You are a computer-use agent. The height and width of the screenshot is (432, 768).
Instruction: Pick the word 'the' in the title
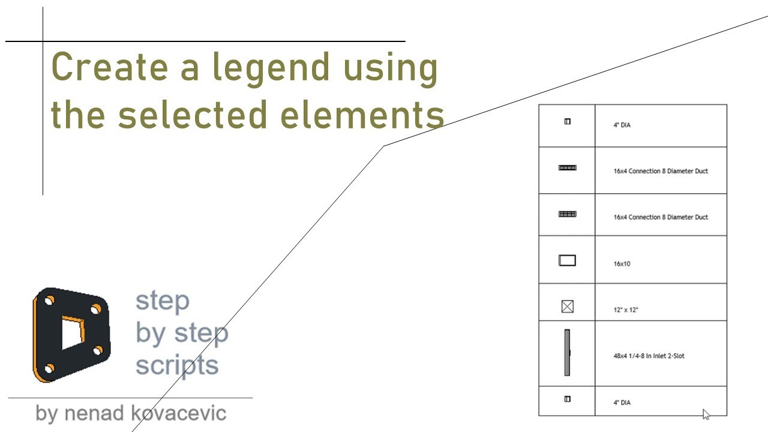tap(78, 115)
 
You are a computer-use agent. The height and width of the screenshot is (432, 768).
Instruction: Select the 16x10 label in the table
tap(622, 264)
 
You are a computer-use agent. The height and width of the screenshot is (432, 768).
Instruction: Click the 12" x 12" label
tap(626, 310)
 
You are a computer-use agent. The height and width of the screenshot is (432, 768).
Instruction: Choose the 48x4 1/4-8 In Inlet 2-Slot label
tap(649, 356)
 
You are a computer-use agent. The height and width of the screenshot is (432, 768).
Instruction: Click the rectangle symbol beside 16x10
tap(567, 260)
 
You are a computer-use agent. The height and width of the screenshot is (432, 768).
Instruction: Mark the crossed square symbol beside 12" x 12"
tap(567, 307)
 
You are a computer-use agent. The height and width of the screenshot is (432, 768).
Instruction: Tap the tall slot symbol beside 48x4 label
tap(567, 353)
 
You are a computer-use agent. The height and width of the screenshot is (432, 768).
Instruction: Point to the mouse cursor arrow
tap(706, 413)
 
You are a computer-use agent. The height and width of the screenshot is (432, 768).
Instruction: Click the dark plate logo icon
tap(71, 334)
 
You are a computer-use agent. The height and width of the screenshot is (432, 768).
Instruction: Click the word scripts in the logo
tap(176, 364)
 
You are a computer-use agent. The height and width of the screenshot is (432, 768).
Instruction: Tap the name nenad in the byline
tap(95, 413)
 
